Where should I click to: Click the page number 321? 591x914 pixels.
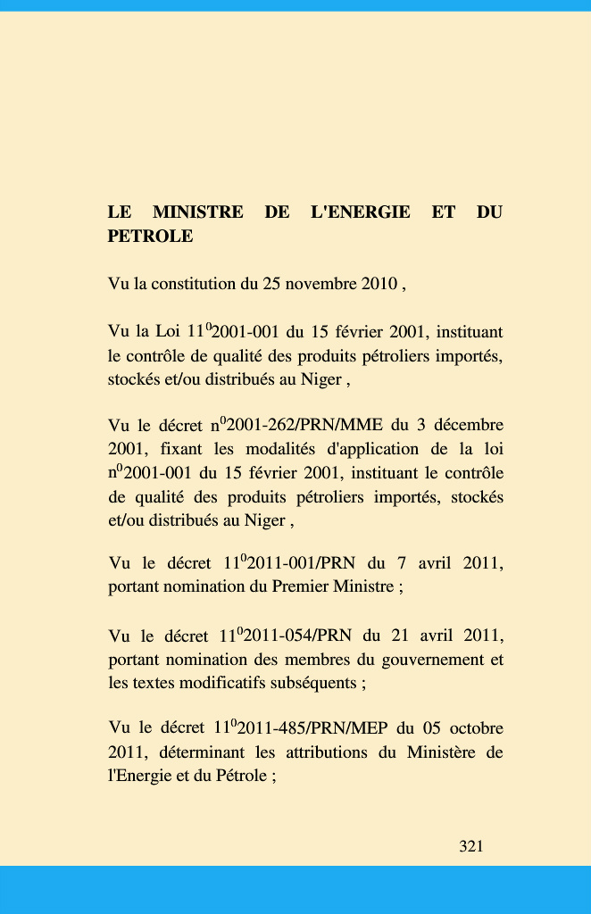(x=470, y=846)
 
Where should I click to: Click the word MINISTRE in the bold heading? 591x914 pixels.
(x=198, y=212)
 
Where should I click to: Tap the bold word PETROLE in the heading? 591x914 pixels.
(x=150, y=237)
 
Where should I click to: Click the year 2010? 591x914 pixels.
(x=379, y=285)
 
